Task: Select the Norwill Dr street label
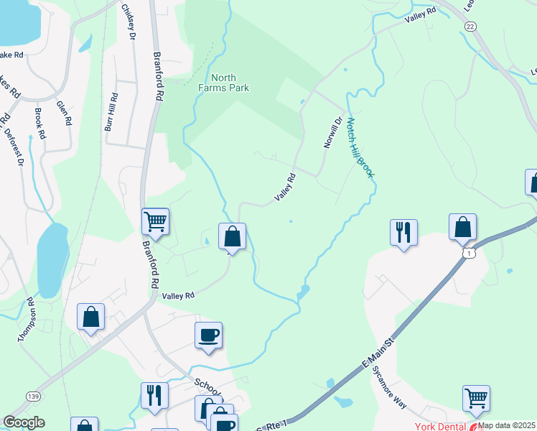[x=330, y=134]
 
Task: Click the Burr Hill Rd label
[x=111, y=111]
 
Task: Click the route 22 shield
[x=470, y=26]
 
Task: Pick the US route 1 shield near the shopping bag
[x=469, y=254]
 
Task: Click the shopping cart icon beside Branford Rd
[x=155, y=221]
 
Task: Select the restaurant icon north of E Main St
[x=403, y=232]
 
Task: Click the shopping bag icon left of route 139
[x=90, y=316]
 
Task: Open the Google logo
[x=24, y=422]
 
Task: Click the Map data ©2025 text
[x=507, y=425]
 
